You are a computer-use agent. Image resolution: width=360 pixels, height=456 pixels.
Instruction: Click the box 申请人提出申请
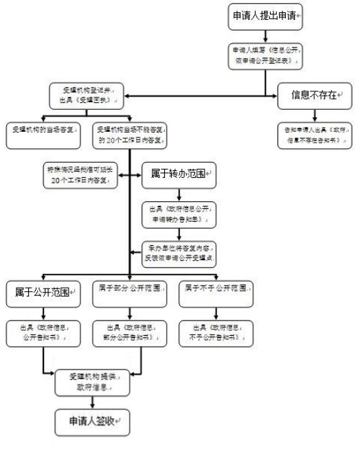pos(265,16)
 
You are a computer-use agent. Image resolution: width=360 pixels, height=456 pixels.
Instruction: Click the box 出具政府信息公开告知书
pos(44,332)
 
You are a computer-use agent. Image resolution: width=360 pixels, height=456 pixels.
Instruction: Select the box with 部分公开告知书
pos(130,332)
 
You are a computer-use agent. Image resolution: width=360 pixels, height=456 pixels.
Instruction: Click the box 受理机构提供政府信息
pos(90,383)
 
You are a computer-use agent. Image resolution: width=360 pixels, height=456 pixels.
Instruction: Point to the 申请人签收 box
pos(90,420)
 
